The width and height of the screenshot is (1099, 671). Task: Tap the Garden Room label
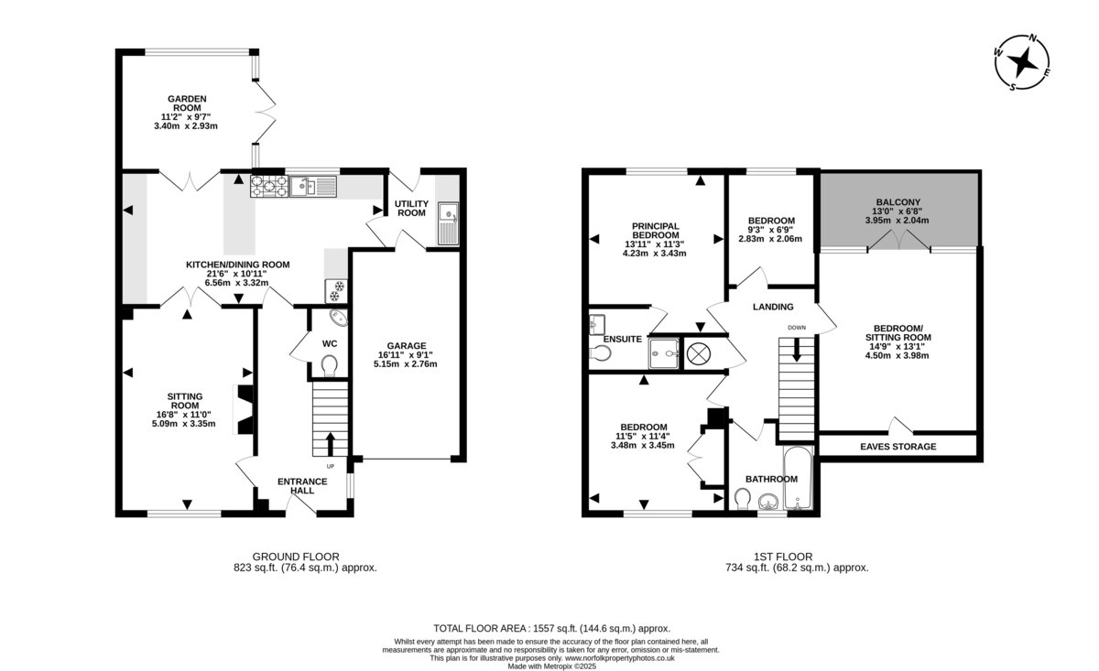pos(187,103)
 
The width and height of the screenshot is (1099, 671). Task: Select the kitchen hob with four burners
pos(269,187)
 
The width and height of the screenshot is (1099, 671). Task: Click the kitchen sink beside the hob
pos(313,187)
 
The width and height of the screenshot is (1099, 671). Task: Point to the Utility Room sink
pos(448,223)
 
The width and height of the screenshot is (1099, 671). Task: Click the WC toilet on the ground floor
pos(329,365)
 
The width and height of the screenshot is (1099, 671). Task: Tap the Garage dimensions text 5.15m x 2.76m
pos(405,364)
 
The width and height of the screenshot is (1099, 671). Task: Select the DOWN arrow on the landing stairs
pos(796,350)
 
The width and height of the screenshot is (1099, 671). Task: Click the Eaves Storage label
pos(898,447)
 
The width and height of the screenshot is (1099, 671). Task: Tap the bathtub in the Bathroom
pos(798,478)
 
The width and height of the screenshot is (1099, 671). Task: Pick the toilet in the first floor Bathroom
pos(744,500)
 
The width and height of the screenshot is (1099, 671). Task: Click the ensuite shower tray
pos(664,353)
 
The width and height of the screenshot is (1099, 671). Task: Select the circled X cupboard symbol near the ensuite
pos(698,353)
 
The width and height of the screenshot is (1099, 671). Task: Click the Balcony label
pos(898,202)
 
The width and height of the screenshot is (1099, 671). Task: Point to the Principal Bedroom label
pos(655,231)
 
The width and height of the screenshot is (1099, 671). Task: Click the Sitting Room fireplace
pos(245,409)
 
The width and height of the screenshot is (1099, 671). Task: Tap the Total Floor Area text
pos(551,628)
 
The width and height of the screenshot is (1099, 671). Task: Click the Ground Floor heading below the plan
pos(296,557)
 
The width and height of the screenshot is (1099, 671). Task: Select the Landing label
pos(773,307)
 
